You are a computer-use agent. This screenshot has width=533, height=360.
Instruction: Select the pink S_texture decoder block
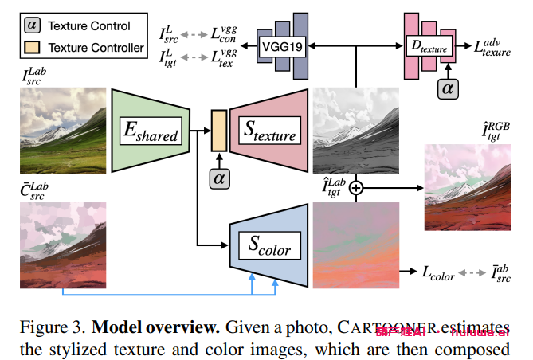click(268, 131)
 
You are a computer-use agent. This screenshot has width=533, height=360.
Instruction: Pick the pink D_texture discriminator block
click(429, 48)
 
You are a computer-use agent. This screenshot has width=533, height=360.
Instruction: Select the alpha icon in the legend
click(32, 25)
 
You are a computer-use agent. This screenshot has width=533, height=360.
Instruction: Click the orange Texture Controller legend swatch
click(32, 48)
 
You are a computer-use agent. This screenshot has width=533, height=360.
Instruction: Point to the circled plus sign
click(355, 188)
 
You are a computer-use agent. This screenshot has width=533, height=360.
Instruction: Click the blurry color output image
click(355, 244)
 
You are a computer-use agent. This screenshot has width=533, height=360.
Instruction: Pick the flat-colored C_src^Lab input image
click(62, 244)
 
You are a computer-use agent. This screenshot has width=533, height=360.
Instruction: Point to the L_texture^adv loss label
click(492, 48)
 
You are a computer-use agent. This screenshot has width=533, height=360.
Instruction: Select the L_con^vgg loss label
click(221, 35)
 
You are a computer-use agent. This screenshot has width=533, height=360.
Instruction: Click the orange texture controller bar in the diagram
click(218, 131)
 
